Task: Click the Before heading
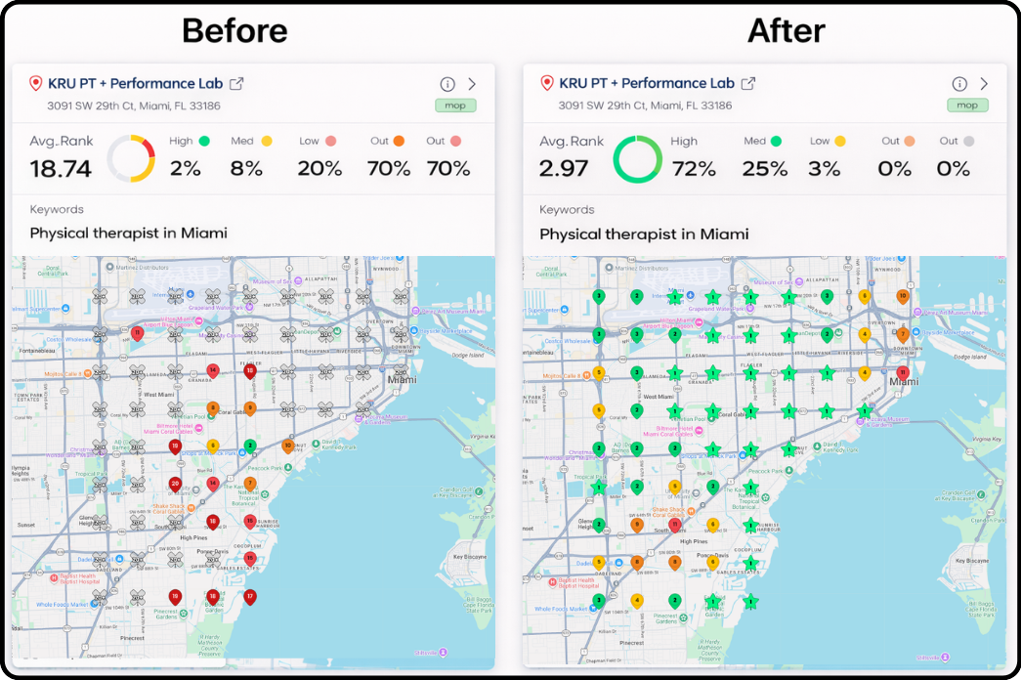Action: click(234, 31)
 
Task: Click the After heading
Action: click(787, 31)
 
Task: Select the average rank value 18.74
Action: click(61, 168)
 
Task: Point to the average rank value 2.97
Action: click(564, 168)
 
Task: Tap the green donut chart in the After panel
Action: click(637, 158)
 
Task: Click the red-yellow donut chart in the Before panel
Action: click(131, 158)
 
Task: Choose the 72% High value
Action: click(694, 168)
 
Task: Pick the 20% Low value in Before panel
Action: click(319, 168)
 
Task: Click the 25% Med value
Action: click(764, 168)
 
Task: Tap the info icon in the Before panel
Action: click(447, 84)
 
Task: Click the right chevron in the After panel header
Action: click(984, 84)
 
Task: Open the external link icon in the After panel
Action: click(748, 84)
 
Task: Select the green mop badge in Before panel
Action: click(455, 106)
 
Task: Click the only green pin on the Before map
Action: click(250, 446)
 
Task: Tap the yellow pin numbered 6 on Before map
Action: click(213, 446)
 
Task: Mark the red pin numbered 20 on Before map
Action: click(175, 484)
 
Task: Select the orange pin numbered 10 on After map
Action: click(902, 295)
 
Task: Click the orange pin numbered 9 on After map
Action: click(637, 525)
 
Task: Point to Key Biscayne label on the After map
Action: click(969, 561)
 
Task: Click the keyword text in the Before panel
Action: click(128, 233)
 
